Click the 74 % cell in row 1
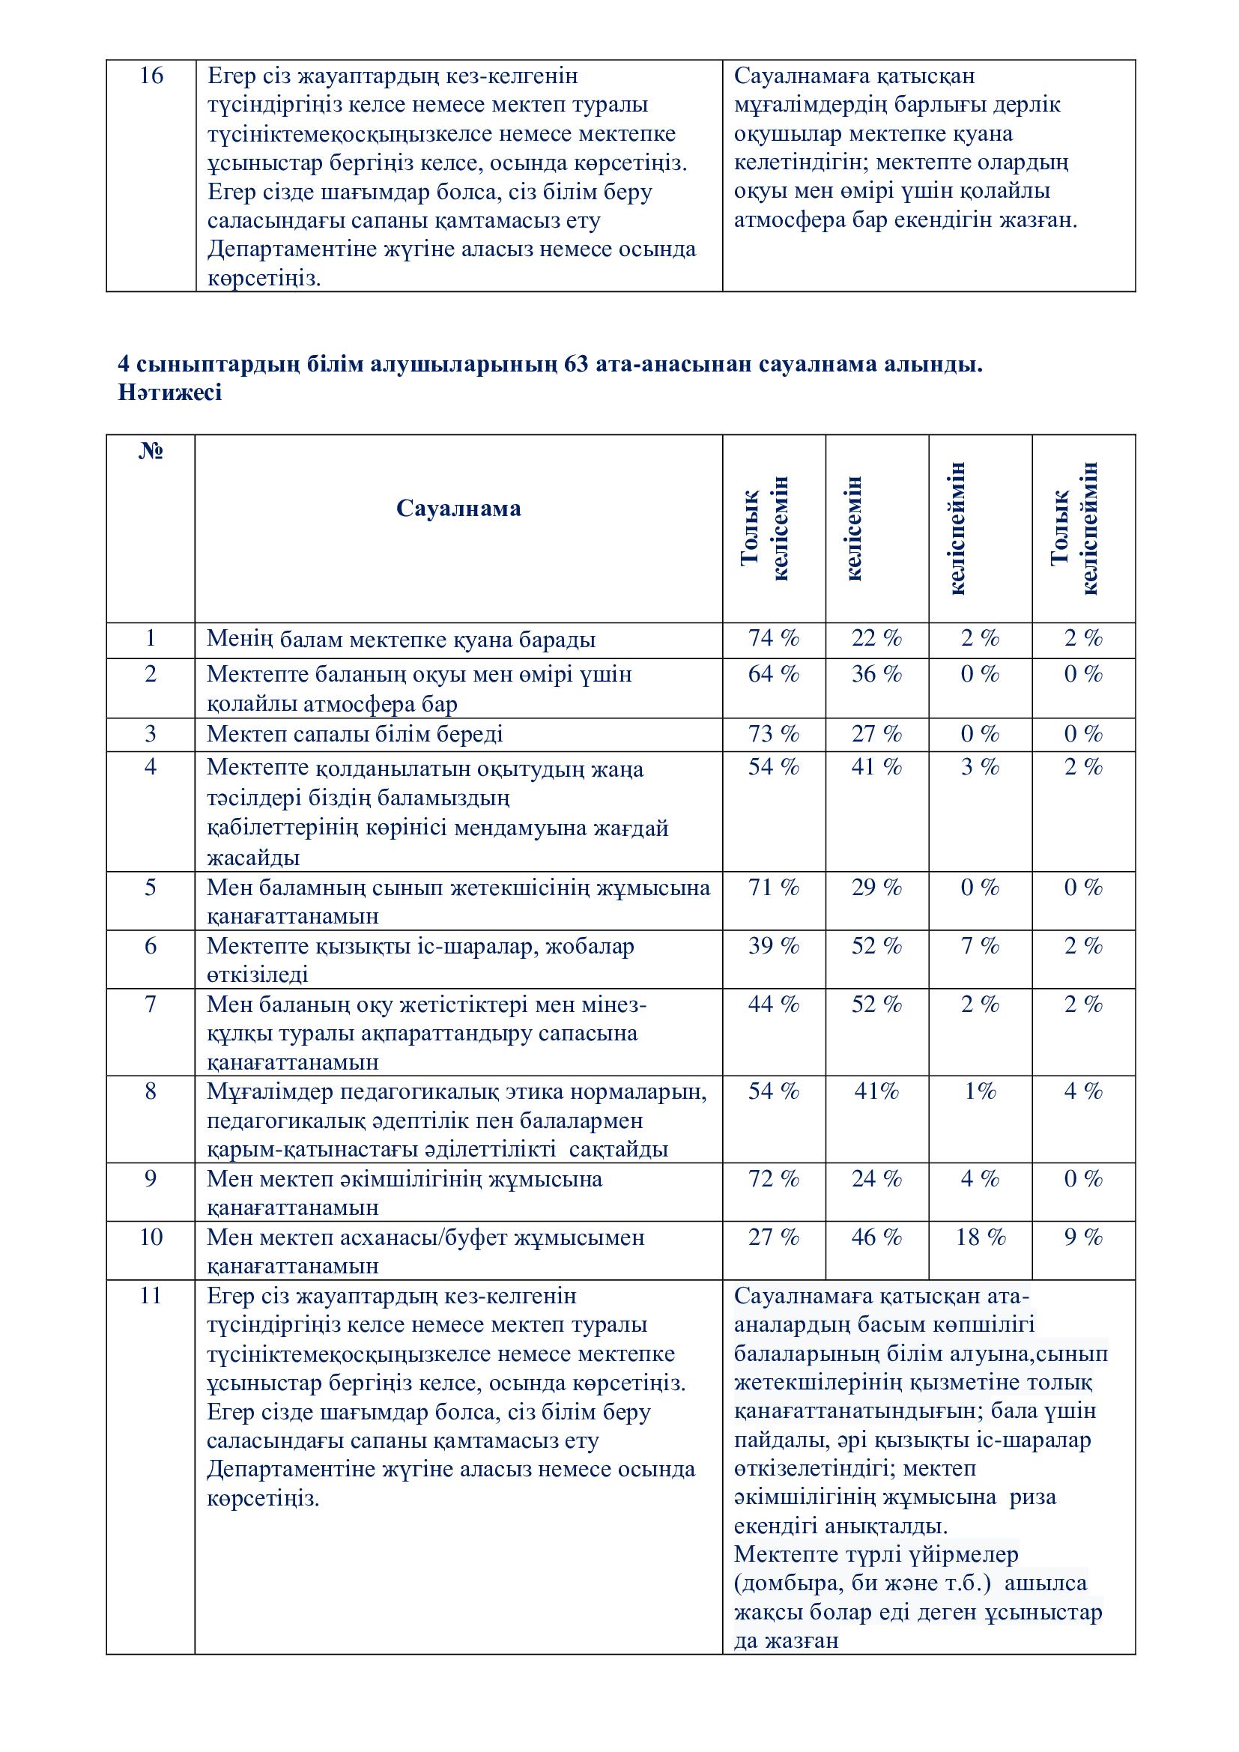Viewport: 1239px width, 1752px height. pyautogui.click(x=774, y=638)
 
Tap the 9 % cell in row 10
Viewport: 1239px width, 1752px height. pyautogui.click(x=1083, y=1237)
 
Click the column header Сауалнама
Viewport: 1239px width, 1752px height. pyautogui.click(x=458, y=508)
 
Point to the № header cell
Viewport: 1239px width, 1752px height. pyautogui.click(x=151, y=451)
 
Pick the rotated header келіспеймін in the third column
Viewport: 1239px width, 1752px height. pyautogui.click(x=958, y=528)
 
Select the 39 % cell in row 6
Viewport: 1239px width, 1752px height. pyautogui.click(x=774, y=946)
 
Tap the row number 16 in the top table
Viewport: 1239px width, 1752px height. pyautogui.click(x=151, y=76)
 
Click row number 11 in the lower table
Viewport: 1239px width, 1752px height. pyautogui.click(x=151, y=1296)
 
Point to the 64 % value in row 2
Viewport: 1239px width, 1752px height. pyautogui.click(x=774, y=674)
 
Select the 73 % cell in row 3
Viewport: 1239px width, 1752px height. pyautogui.click(x=774, y=734)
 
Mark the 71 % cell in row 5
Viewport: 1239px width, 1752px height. pyautogui.click(x=774, y=888)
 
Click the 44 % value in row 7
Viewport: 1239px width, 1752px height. pyautogui.click(x=774, y=1004)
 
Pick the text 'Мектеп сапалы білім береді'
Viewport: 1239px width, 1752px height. pyautogui.click(x=355, y=734)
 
